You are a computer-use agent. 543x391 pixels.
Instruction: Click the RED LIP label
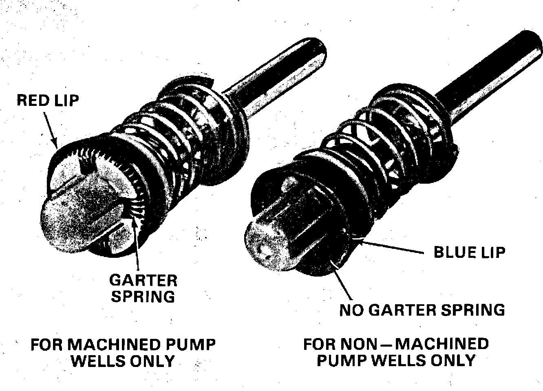pyautogui.click(x=48, y=101)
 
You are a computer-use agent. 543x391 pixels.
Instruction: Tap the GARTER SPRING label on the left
pyautogui.click(x=143, y=288)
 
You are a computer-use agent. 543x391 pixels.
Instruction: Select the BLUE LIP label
pyautogui.click(x=470, y=253)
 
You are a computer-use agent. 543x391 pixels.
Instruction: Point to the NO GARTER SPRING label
pyautogui.click(x=422, y=310)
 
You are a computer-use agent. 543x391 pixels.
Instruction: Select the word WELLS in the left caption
pyautogui.click(x=99, y=361)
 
